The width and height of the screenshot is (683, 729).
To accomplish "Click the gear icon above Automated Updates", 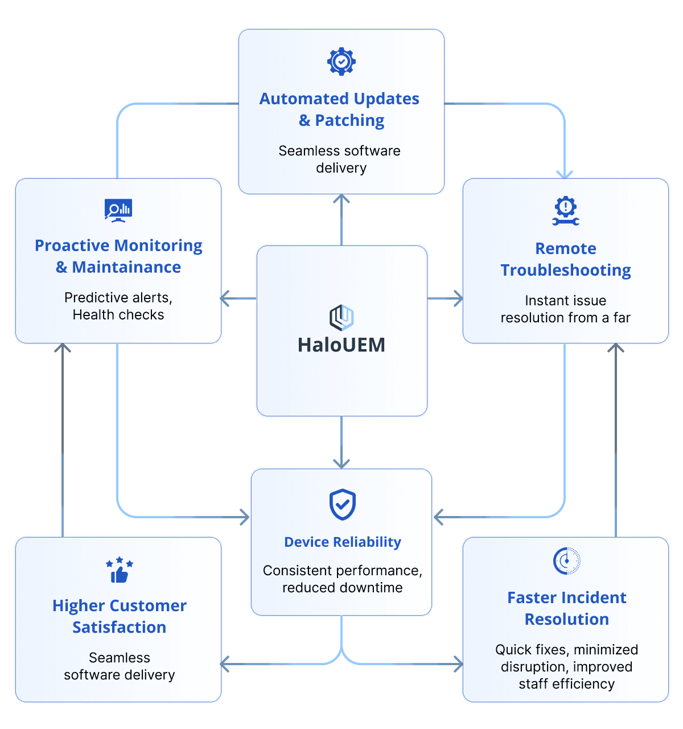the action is click(341, 62).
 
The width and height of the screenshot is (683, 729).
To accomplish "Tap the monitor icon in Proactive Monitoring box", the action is click(118, 210).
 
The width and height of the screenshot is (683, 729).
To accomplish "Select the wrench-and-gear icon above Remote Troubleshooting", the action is click(566, 211).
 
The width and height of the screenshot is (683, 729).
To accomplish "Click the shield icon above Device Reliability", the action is click(342, 505).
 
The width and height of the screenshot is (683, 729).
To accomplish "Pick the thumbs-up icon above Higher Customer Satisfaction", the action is click(120, 570).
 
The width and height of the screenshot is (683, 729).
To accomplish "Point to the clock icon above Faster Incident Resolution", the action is click(566, 560).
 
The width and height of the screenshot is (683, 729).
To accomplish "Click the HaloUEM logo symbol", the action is click(341, 318).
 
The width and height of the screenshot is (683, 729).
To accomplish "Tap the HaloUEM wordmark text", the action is click(341, 345).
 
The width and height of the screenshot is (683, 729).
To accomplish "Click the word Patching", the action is click(349, 120).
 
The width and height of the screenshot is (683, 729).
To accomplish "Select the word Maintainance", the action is click(126, 267).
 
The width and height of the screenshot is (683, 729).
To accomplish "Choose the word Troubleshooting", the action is click(566, 271).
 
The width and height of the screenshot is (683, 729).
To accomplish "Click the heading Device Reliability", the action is click(343, 542).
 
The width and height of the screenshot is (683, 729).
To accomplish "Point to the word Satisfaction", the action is click(120, 627).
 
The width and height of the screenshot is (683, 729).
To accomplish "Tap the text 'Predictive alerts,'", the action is click(118, 298).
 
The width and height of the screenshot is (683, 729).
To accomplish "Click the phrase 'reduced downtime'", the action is click(342, 588).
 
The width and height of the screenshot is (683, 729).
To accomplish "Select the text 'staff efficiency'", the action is click(566, 684).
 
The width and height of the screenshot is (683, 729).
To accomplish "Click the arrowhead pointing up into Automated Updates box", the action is click(341, 199).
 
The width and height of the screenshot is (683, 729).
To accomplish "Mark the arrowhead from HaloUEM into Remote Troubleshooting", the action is click(458, 298).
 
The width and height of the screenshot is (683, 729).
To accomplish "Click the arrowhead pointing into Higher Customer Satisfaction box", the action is click(225, 664).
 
